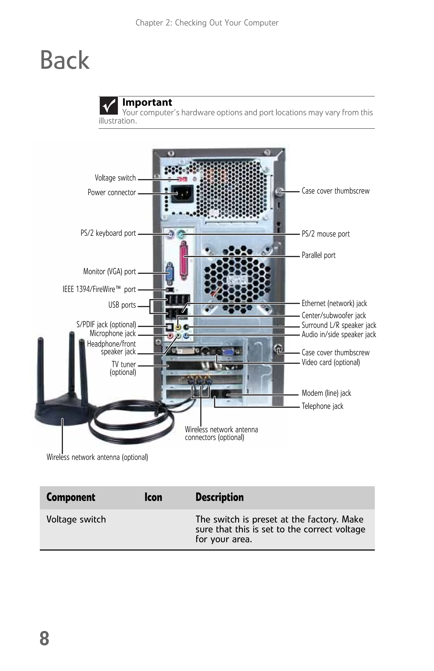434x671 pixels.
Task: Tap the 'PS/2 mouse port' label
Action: [x=325, y=234]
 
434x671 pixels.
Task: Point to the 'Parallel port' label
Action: [x=318, y=255]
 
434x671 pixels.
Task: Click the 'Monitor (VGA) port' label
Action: [x=109, y=271]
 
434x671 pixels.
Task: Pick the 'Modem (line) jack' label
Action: [x=326, y=393]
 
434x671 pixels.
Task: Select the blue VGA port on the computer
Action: [x=170, y=273]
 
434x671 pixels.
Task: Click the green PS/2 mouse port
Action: [x=181, y=234]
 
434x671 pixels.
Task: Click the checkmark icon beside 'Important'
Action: [x=108, y=106]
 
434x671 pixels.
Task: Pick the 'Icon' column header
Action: [x=153, y=497]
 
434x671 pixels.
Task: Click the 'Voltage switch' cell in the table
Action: [x=76, y=519]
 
